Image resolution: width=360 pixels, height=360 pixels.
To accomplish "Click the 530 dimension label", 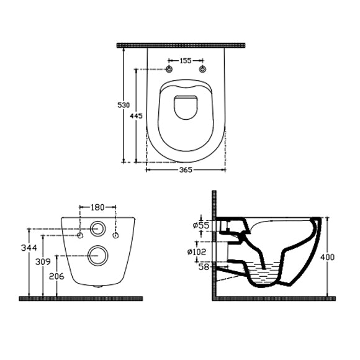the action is click(x=124, y=105).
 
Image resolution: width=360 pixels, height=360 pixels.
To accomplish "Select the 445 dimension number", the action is click(x=136, y=116).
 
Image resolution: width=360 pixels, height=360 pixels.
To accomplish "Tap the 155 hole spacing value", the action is click(x=186, y=61).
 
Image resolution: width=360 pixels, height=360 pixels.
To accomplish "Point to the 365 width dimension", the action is click(x=186, y=170).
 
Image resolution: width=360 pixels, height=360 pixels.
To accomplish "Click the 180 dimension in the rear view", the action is click(x=97, y=207).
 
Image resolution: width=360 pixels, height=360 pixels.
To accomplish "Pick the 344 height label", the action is click(x=29, y=248).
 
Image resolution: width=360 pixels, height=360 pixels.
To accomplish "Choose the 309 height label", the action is click(x=43, y=261).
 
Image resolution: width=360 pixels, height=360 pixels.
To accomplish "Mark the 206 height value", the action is click(x=56, y=276).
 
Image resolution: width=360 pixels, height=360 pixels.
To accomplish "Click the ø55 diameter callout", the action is click(x=201, y=225).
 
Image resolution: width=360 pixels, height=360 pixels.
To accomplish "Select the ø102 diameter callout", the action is click(x=197, y=252).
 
